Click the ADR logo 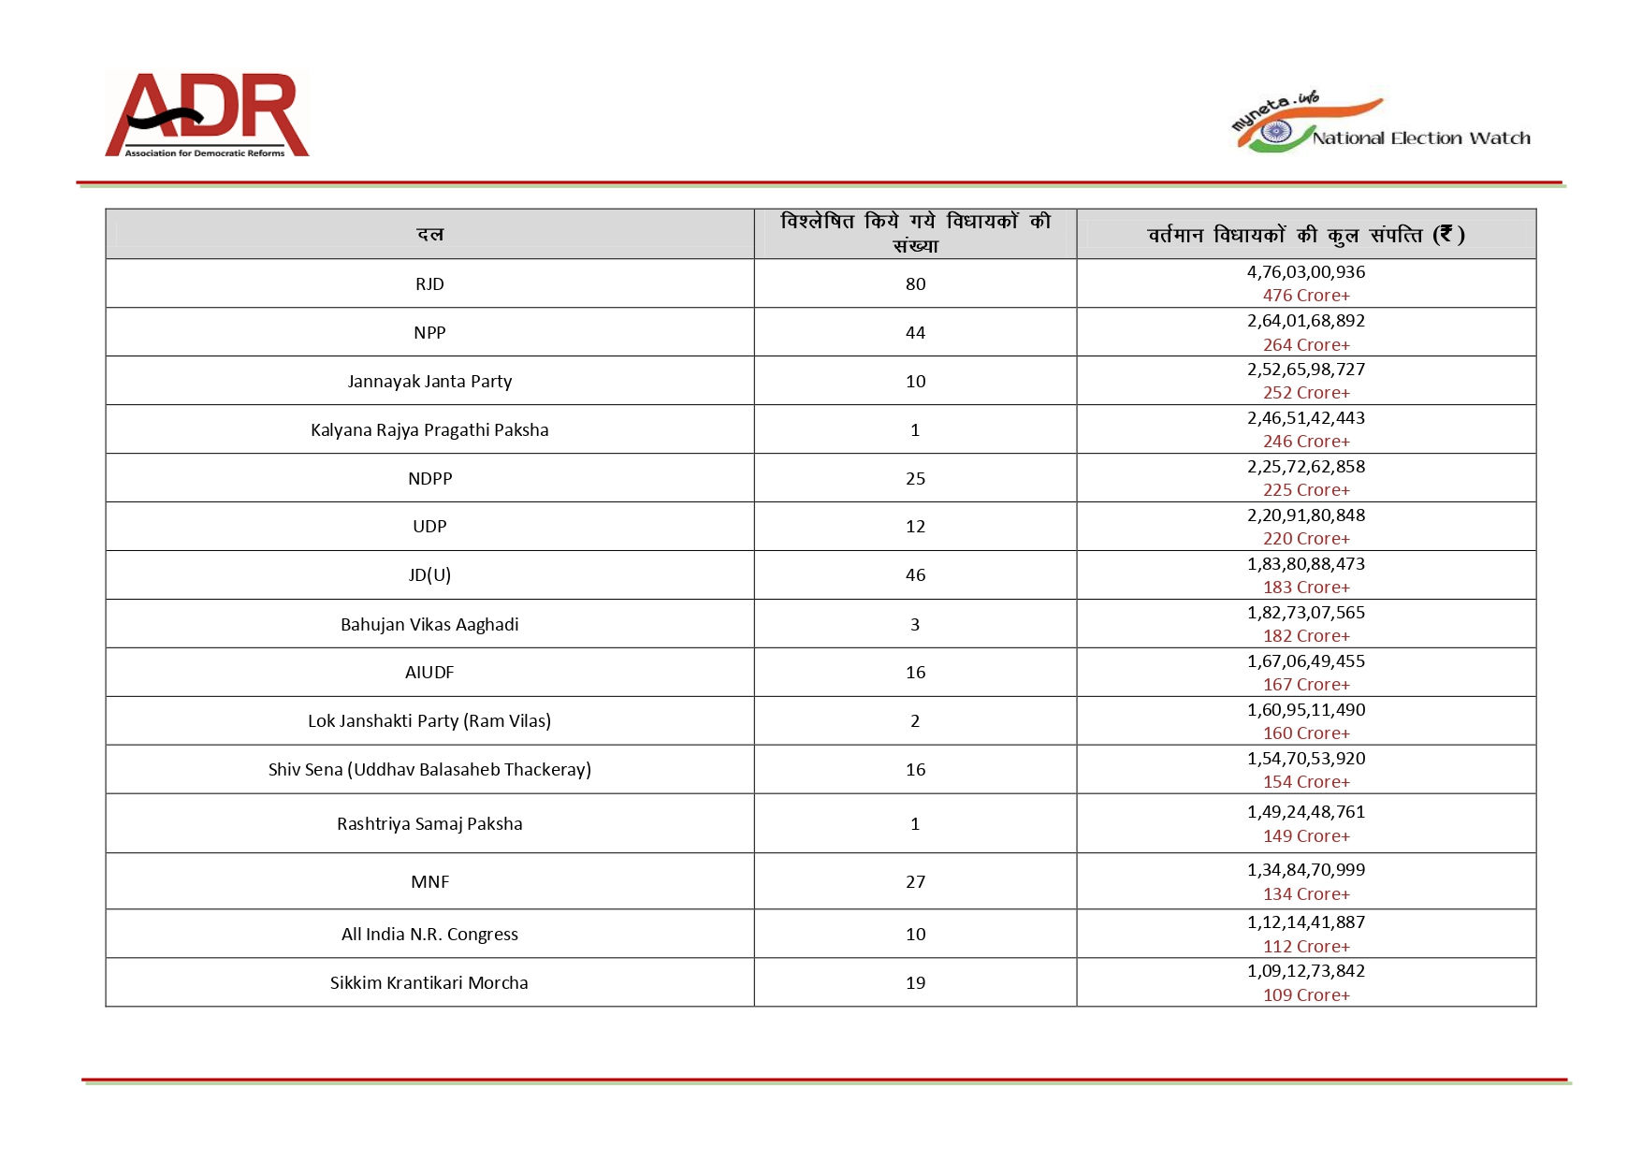(x=207, y=115)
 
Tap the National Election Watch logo (x=1381, y=125)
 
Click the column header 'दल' (x=429, y=234)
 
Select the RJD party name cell (x=429, y=283)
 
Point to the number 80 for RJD (x=915, y=283)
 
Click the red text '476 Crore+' (x=1306, y=296)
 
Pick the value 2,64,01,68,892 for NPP (x=1306, y=321)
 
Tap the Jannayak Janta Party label (x=429, y=381)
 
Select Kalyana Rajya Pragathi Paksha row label (x=429, y=429)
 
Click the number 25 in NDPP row (x=915, y=478)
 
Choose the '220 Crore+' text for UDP (x=1306, y=539)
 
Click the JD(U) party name (x=429, y=574)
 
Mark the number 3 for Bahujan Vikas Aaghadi (x=915, y=624)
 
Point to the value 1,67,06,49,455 (x=1306, y=661)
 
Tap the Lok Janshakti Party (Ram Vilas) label (x=429, y=720)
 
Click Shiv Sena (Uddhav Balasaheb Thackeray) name (x=429, y=769)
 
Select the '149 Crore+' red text (x=1306, y=836)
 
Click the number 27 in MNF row (x=915, y=881)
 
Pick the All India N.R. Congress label (x=429, y=934)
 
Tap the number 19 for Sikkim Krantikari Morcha (x=915, y=982)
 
